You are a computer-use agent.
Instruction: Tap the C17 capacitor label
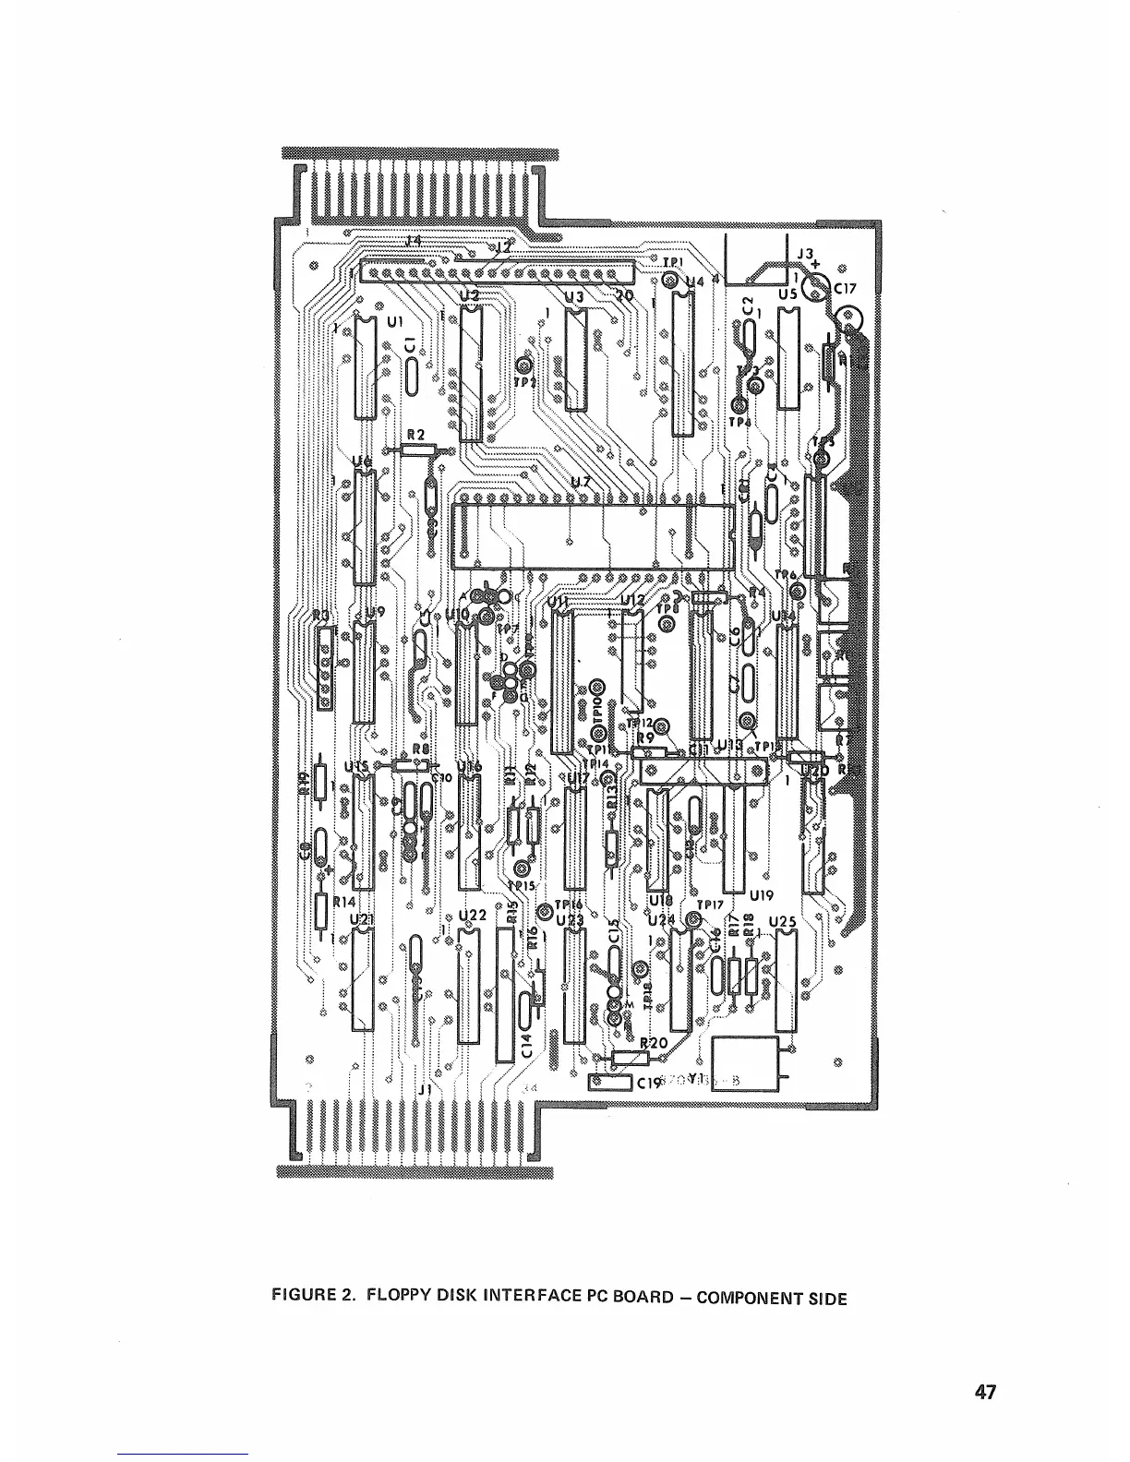coord(846,287)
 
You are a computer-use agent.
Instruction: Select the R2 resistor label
coord(415,434)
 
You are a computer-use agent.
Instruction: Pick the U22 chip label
coord(472,915)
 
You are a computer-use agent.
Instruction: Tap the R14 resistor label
coord(344,901)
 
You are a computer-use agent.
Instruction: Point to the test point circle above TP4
coord(738,405)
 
